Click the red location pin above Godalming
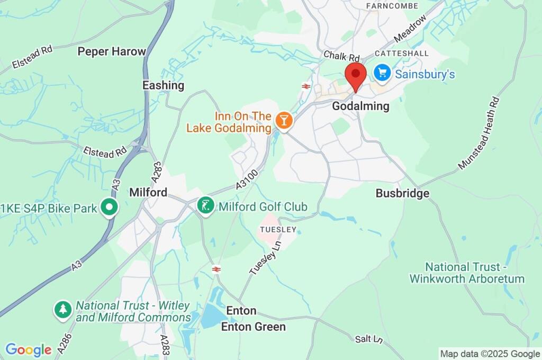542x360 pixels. [x=355, y=75]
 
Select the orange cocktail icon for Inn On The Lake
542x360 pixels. [x=284, y=121]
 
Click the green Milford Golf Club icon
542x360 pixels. [x=205, y=206]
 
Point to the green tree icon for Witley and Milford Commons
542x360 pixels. [x=63, y=311]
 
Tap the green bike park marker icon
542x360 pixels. [x=110, y=208]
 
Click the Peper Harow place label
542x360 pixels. [x=112, y=51]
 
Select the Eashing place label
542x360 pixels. [x=163, y=85]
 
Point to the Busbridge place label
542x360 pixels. [x=402, y=193]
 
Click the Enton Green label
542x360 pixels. [x=253, y=327]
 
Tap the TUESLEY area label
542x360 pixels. [x=277, y=229]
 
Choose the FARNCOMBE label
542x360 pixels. [x=392, y=6]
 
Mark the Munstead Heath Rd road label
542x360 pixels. [x=479, y=133]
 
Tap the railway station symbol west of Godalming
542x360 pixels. [x=305, y=86]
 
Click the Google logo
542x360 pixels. [x=28, y=349]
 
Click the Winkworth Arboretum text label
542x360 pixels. [x=467, y=273]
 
